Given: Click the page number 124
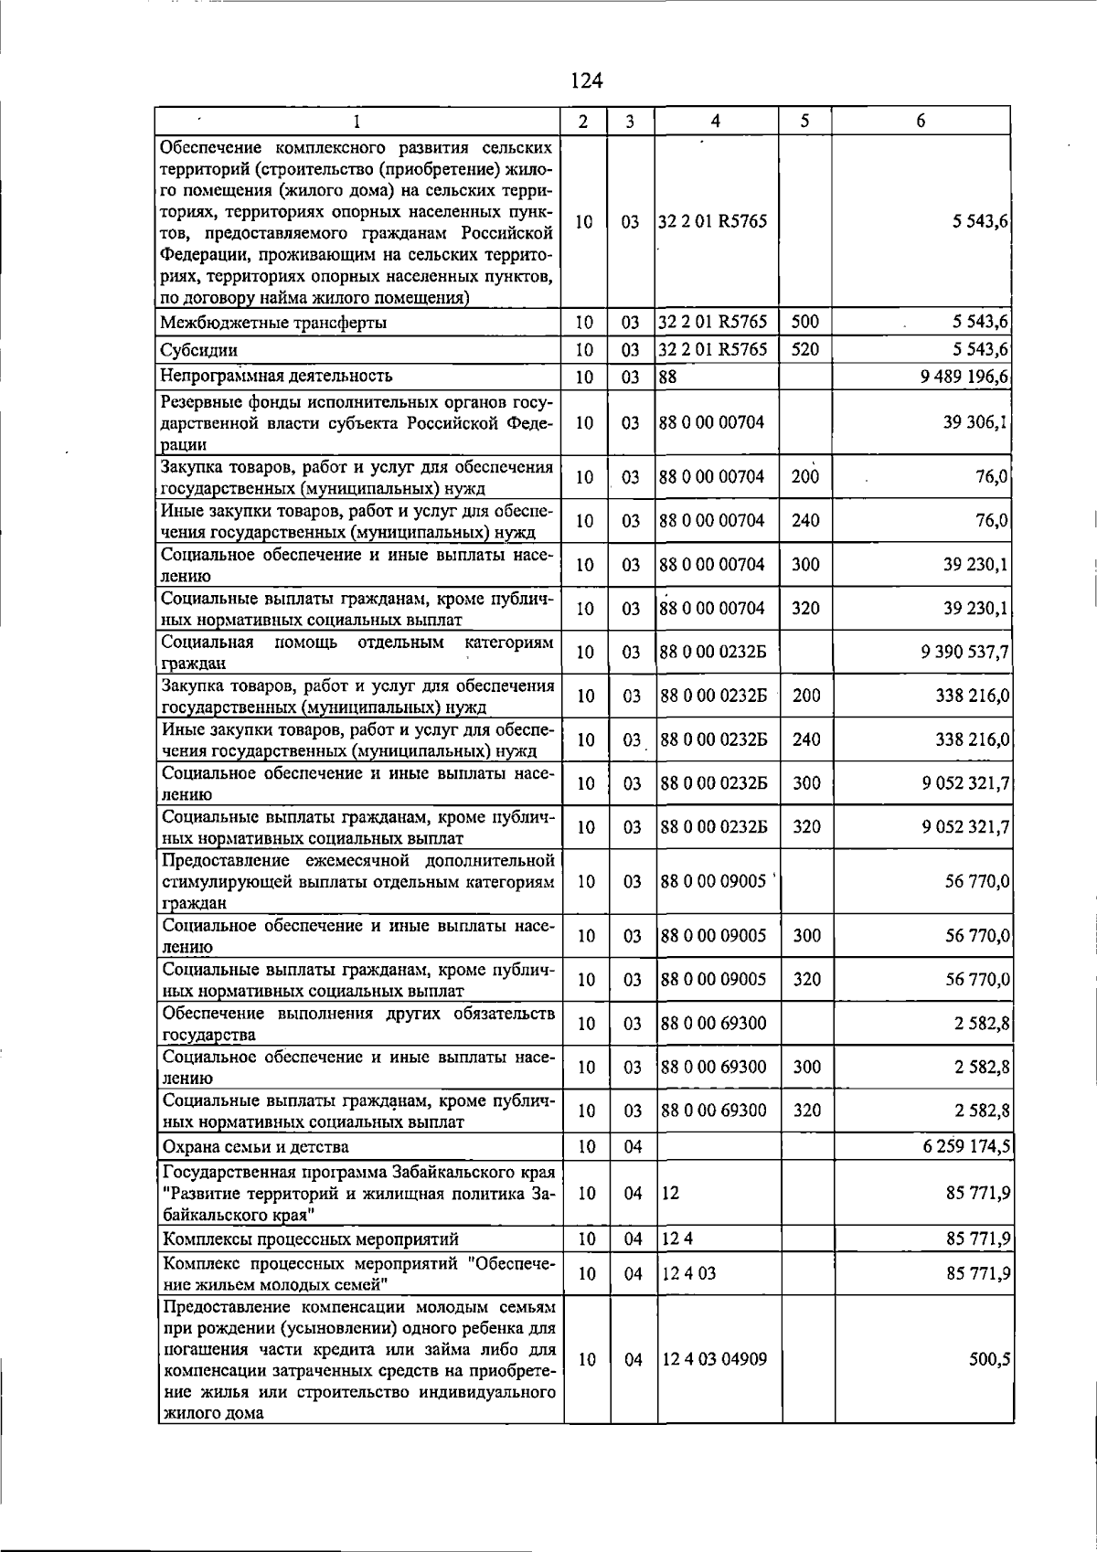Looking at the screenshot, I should [x=586, y=80].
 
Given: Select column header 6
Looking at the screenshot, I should [x=921, y=121].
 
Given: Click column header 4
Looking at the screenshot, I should [x=716, y=121].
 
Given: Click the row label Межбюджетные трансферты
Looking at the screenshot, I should [x=273, y=322].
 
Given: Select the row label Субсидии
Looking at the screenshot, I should [x=199, y=349].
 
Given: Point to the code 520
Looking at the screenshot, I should [x=804, y=349].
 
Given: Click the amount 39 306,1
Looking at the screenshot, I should [x=976, y=422].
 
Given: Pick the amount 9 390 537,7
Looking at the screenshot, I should [x=966, y=652].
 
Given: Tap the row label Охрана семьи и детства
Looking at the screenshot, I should [x=255, y=1146].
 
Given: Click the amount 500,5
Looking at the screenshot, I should [x=990, y=1359].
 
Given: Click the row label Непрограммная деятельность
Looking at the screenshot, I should [x=276, y=376].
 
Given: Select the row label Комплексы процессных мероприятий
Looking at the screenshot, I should [x=310, y=1239].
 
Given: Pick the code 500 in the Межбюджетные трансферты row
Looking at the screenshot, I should [x=804, y=322].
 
